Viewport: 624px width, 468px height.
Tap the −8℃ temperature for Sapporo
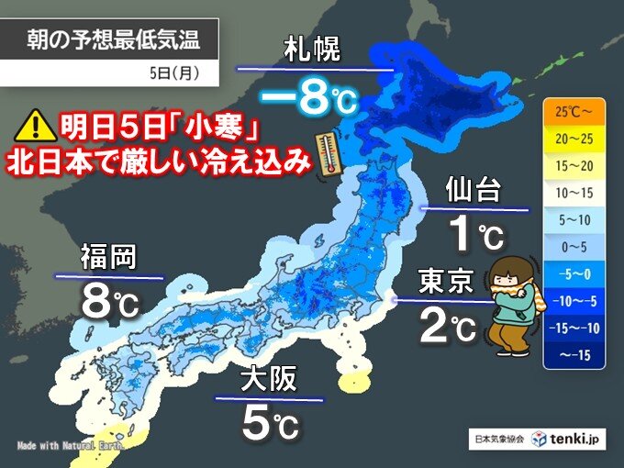click(305, 97)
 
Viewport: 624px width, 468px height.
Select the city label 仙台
click(473, 191)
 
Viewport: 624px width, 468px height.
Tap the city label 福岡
click(108, 257)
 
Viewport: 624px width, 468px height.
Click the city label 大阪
click(270, 379)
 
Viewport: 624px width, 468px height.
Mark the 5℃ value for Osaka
click(270, 423)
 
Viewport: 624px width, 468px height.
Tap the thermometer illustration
click(325, 151)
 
